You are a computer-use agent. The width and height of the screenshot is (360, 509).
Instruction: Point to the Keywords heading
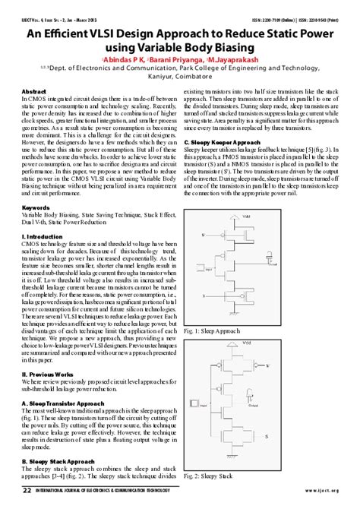[x=36, y=207]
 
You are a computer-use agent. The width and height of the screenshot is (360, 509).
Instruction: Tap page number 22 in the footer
[x=27, y=490]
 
